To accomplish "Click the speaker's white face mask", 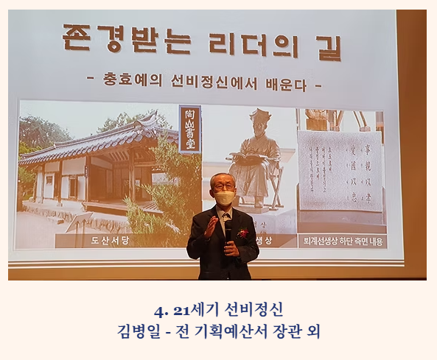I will tap(225, 198).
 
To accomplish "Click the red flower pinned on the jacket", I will tap(243, 233).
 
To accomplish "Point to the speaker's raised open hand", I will tap(209, 229).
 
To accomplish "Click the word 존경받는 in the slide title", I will tap(119, 43).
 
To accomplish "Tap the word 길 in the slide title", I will tap(325, 45).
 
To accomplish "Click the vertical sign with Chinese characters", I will tap(189, 129).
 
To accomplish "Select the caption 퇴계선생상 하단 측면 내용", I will tap(342, 241).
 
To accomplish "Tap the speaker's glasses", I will tap(224, 187).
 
